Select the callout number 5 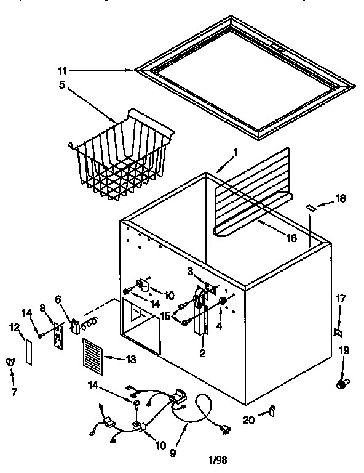click(61, 85)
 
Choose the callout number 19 click(344, 350)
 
